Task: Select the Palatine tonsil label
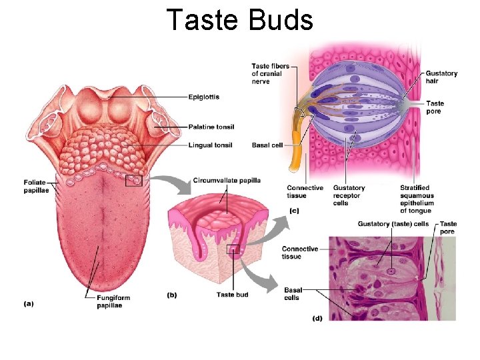point(211,127)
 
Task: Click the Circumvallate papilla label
point(227,180)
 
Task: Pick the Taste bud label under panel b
point(233,294)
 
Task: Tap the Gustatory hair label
point(441,77)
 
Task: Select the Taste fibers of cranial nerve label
point(267,73)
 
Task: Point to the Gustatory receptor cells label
point(348,195)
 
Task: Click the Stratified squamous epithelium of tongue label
point(417,199)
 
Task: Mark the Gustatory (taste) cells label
point(393,223)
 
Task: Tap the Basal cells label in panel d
point(293,293)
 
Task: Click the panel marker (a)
point(29,303)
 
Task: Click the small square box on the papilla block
point(233,249)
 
